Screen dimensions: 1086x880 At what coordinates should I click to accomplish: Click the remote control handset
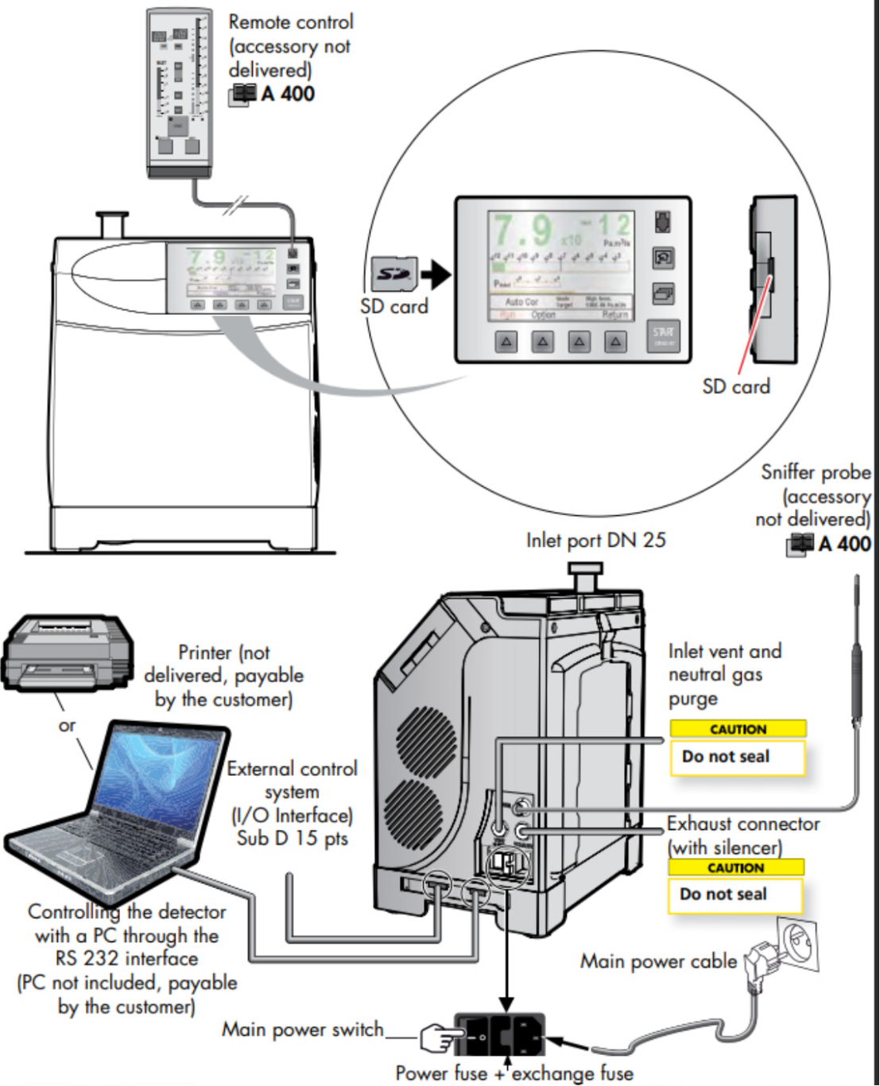pos(180,91)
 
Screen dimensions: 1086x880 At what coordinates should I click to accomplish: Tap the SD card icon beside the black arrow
pos(393,274)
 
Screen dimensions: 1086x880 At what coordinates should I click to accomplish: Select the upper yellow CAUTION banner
pos(738,729)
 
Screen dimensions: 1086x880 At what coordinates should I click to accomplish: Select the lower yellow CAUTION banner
pos(736,867)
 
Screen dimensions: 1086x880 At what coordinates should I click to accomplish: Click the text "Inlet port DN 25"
pos(595,541)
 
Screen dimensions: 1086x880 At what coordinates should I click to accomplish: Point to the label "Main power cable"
pos(658,961)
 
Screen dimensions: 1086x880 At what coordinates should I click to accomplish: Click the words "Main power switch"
pos(302,1030)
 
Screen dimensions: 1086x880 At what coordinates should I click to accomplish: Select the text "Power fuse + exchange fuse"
pos(514,1073)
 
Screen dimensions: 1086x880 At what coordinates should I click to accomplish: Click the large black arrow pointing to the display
pos(435,275)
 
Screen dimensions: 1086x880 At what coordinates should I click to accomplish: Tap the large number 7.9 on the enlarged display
pos(521,231)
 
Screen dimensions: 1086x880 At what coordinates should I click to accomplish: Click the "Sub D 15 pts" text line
pos(292,838)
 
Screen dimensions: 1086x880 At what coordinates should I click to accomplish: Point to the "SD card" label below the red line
pos(736,386)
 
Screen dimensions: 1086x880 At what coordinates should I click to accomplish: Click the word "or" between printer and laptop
pos(67,725)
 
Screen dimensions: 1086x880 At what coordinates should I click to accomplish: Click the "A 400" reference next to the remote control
pos(287,94)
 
